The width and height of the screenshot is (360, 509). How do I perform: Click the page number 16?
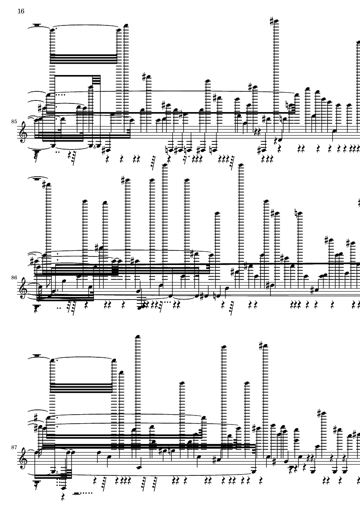pyautogui.click(x=21, y=11)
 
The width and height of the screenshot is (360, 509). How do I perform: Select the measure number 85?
pyautogui.click(x=14, y=122)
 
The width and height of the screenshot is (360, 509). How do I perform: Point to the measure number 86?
pyautogui.click(x=14, y=278)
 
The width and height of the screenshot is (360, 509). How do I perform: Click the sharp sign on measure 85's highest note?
pyautogui.click(x=272, y=22)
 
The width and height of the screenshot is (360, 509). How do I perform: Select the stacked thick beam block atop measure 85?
pyautogui.click(x=84, y=59)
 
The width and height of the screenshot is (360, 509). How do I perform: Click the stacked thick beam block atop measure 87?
pyautogui.click(x=81, y=388)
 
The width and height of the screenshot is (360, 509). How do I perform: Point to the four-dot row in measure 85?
pyautogui.click(x=60, y=95)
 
